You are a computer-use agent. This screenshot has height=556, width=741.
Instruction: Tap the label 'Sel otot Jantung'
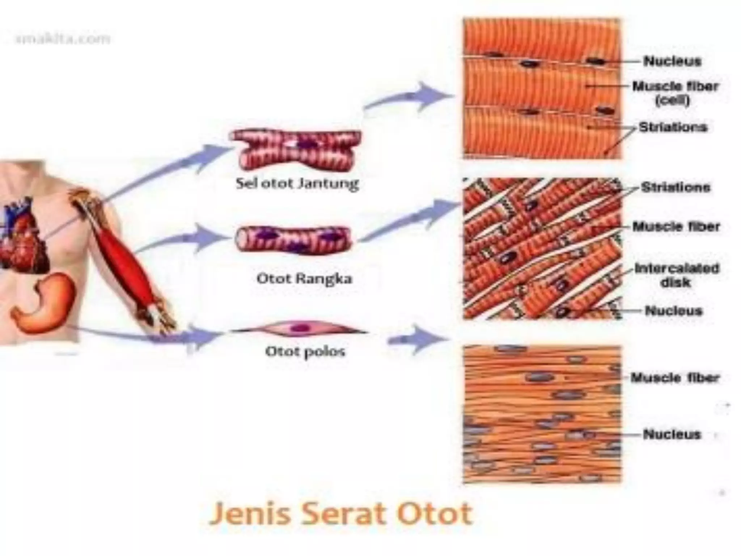click(x=297, y=184)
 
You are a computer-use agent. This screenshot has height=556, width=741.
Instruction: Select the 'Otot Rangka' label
click(x=304, y=279)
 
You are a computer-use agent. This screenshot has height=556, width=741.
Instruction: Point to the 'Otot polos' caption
click(x=305, y=351)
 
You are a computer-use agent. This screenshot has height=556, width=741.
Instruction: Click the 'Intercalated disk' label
click(x=676, y=275)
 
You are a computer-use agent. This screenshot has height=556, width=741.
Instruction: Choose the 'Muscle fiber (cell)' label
click(x=675, y=93)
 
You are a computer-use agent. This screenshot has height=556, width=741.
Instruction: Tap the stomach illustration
click(x=43, y=304)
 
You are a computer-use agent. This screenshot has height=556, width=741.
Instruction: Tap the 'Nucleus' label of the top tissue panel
click(x=672, y=61)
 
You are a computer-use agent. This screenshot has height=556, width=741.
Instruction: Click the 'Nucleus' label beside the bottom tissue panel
click(x=672, y=434)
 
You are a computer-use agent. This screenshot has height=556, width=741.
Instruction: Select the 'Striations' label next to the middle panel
click(x=675, y=188)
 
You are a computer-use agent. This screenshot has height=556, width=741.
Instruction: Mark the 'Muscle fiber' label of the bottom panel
click(x=675, y=378)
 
